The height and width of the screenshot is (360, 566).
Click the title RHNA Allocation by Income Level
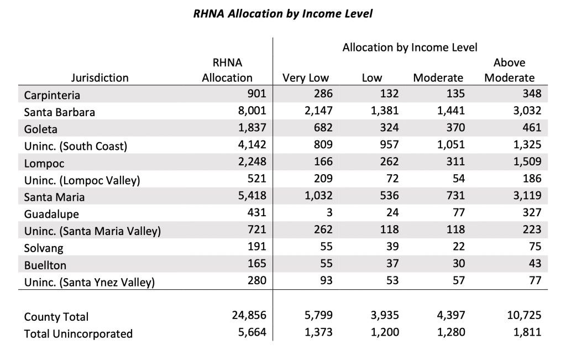point(282,14)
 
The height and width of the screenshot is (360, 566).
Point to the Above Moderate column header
point(509,70)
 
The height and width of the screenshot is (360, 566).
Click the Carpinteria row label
point(52,95)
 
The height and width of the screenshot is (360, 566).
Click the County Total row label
point(56,317)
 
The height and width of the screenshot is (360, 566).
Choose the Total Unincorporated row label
point(78,333)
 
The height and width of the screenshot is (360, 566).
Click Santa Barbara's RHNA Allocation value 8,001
point(251,111)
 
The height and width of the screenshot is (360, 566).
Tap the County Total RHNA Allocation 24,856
point(248,316)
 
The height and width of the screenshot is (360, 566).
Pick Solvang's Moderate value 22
point(459,247)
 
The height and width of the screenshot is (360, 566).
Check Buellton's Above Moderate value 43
point(534,264)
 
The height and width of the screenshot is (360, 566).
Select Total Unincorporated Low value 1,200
point(381,332)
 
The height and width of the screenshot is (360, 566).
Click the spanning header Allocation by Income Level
point(409,48)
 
